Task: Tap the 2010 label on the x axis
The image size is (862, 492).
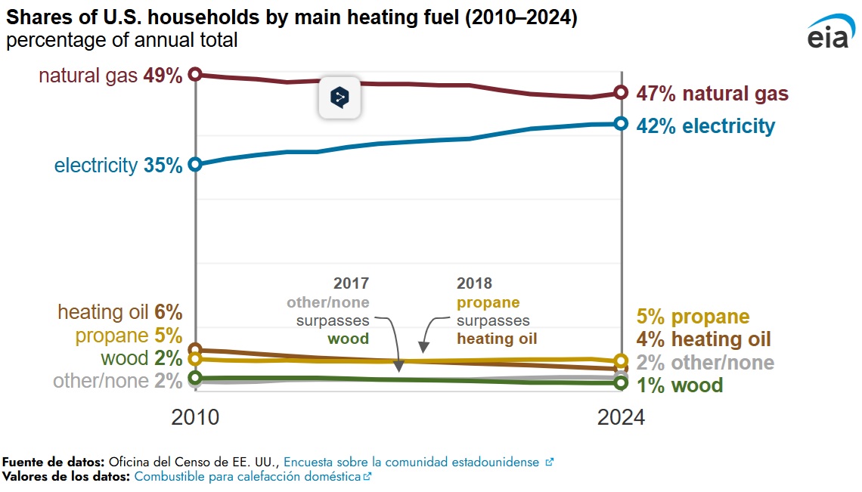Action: [196, 417]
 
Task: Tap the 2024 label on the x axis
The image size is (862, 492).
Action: [621, 417]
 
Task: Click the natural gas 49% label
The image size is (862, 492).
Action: [110, 76]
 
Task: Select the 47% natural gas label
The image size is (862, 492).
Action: [712, 94]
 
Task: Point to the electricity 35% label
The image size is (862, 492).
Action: [118, 166]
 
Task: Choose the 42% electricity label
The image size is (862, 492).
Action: [705, 125]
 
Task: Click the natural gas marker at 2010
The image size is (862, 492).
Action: [195, 74]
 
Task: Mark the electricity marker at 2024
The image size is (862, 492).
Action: [621, 123]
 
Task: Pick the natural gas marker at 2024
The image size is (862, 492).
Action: [621, 92]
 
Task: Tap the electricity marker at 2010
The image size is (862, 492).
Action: [195, 164]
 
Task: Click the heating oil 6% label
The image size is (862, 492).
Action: [120, 312]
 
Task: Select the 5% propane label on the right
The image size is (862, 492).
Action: [693, 317]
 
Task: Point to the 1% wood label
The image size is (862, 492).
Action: [679, 385]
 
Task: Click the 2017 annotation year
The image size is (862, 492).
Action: [351, 284]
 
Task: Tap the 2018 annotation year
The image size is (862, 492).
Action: [474, 284]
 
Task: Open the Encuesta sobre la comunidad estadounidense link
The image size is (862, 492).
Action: [411, 462]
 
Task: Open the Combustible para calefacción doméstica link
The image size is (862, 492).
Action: [247, 477]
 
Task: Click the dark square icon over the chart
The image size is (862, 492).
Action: [340, 97]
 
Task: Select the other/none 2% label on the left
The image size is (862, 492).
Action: [117, 381]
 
